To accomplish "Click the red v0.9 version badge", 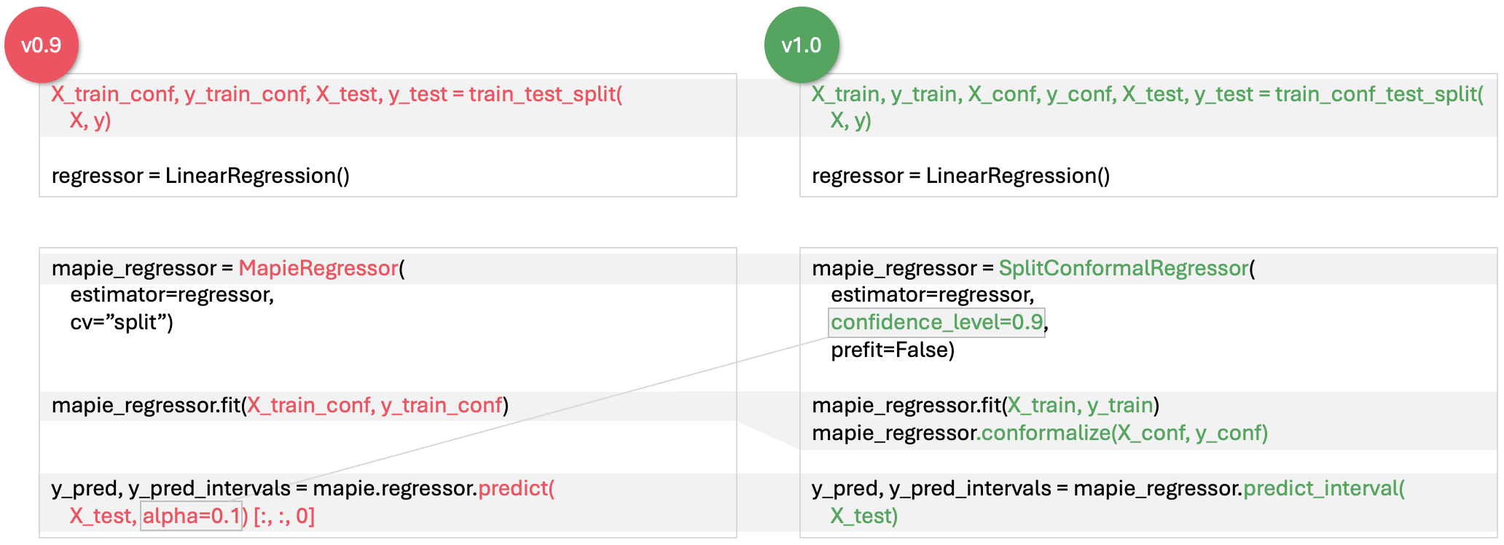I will (x=42, y=45).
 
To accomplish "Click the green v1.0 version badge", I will (x=802, y=45).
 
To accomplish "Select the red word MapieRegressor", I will (x=318, y=268).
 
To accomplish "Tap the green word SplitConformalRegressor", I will (x=1123, y=268).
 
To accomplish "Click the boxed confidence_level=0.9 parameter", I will (x=936, y=322).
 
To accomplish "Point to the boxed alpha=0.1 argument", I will (x=191, y=516).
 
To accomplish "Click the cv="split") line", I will (x=122, y=322).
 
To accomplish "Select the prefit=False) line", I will (x=892, y=350).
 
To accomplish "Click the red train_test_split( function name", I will (x=545, y=94).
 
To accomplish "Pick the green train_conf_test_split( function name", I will (x=1379, y=94).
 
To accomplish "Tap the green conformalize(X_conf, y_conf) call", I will (x=1124, y=433).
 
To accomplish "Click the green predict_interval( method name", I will (x=1323, y=488).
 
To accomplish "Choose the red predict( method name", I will (x=516, y=488).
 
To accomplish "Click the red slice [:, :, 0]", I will (x=284, y=516).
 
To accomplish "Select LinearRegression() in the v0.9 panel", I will (x=257, y=176).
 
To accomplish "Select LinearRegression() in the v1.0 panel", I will (x=1017, y=176).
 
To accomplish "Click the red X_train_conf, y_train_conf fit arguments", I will (x=375, y=405).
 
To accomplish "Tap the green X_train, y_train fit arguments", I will (x=1080, y=405).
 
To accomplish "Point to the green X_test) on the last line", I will (x=863, y=516).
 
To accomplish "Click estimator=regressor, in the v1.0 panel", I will (x=932, y=294).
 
